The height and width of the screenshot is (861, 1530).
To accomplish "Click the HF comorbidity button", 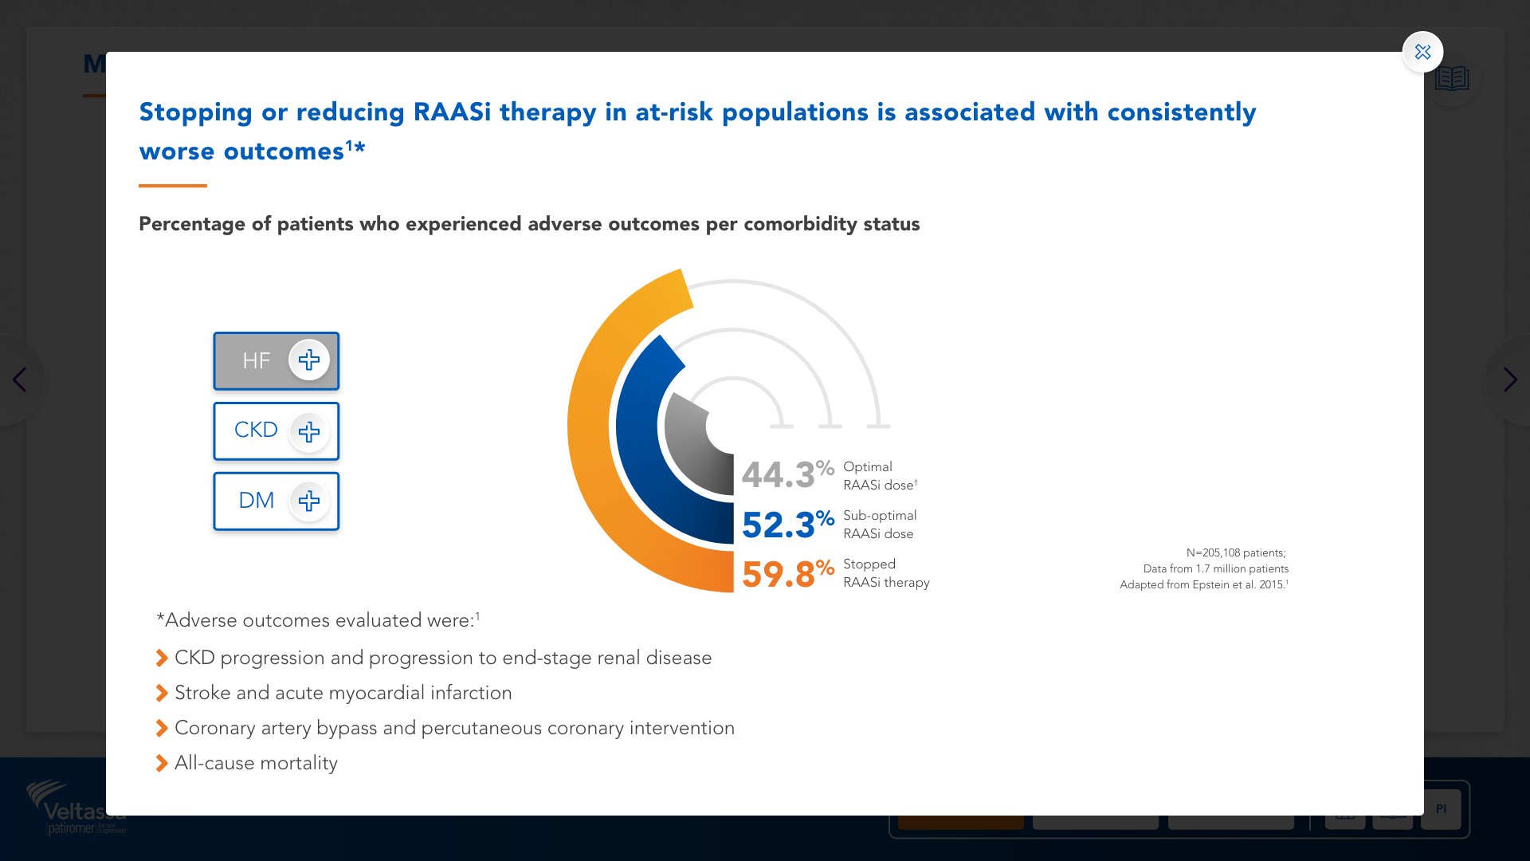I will tap(276, 361).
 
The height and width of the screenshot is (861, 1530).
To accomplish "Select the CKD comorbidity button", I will tap(276, 431).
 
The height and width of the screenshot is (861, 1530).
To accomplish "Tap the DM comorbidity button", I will tap(276, 501).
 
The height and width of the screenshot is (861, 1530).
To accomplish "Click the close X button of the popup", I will tap(1422, 53).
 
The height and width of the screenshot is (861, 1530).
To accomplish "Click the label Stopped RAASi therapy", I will tap(885, 573).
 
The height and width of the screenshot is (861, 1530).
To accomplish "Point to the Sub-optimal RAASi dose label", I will tap(879, 525).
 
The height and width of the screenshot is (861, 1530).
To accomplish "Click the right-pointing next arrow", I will tap(1509, 379).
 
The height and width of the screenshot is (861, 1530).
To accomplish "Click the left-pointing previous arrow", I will tap(20, 379).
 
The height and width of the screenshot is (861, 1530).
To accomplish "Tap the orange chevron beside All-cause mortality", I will tap(162, 763).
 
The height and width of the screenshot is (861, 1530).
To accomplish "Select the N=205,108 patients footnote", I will tap(1235, 552).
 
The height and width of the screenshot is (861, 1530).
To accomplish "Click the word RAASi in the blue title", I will tap(452, 112).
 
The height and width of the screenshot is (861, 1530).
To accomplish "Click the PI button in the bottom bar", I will tap(1441, 809).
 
